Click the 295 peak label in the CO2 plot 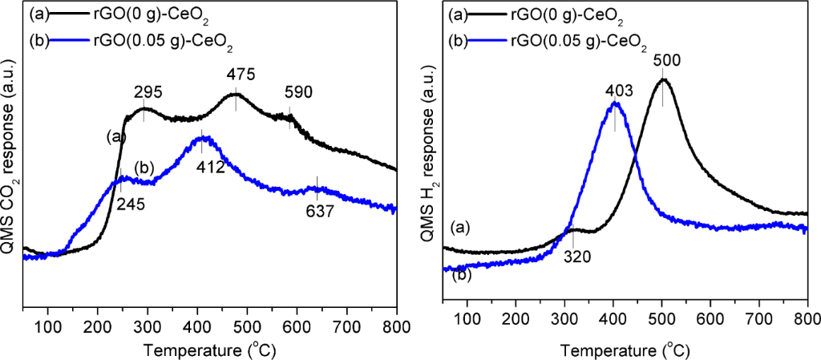[x=147, y=92]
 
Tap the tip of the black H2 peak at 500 [x=663, y=79]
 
